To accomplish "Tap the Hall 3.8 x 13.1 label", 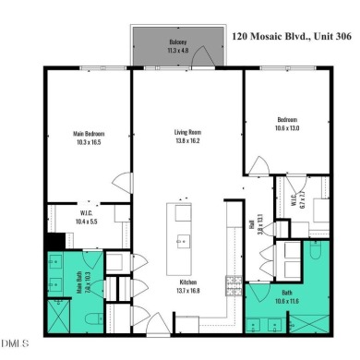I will click(260, 222).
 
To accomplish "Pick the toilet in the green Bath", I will click(314, 249).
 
